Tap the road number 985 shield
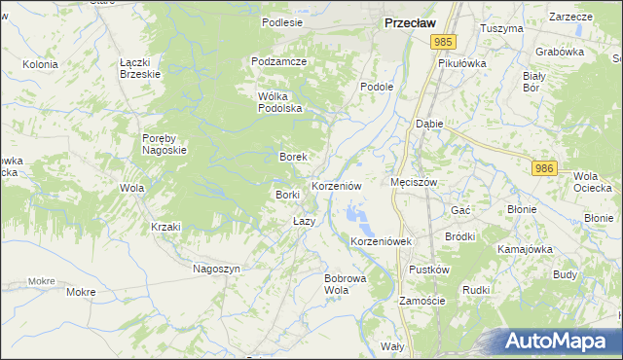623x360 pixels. [x=444, y=41]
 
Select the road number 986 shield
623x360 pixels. [x=544, y=168]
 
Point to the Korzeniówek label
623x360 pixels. [x=382, y=240]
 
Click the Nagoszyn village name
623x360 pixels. [x=216, y=268]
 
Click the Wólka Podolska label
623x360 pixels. [x=280, y=102]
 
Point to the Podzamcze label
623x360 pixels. [x=278, y=61]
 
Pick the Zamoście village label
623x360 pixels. [x=422, y=301]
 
